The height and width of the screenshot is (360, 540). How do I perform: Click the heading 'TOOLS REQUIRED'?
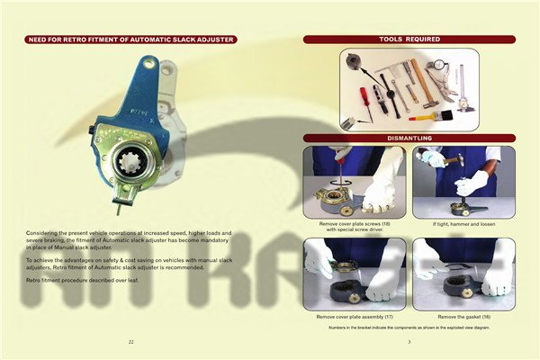click(x=409, y=40)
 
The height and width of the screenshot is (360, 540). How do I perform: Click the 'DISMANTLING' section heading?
click(x=409, y=138)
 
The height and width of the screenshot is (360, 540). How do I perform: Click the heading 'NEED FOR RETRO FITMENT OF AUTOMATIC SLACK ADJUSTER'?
click(x=130, y=40)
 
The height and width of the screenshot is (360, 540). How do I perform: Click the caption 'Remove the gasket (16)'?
click(x=463, y=318)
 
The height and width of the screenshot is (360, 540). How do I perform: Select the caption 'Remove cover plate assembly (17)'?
click(x=355, y=318)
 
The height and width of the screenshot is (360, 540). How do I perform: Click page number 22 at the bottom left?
click(x=131, y=343)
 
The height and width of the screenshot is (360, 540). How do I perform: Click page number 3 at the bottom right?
click(x=409, y=343)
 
